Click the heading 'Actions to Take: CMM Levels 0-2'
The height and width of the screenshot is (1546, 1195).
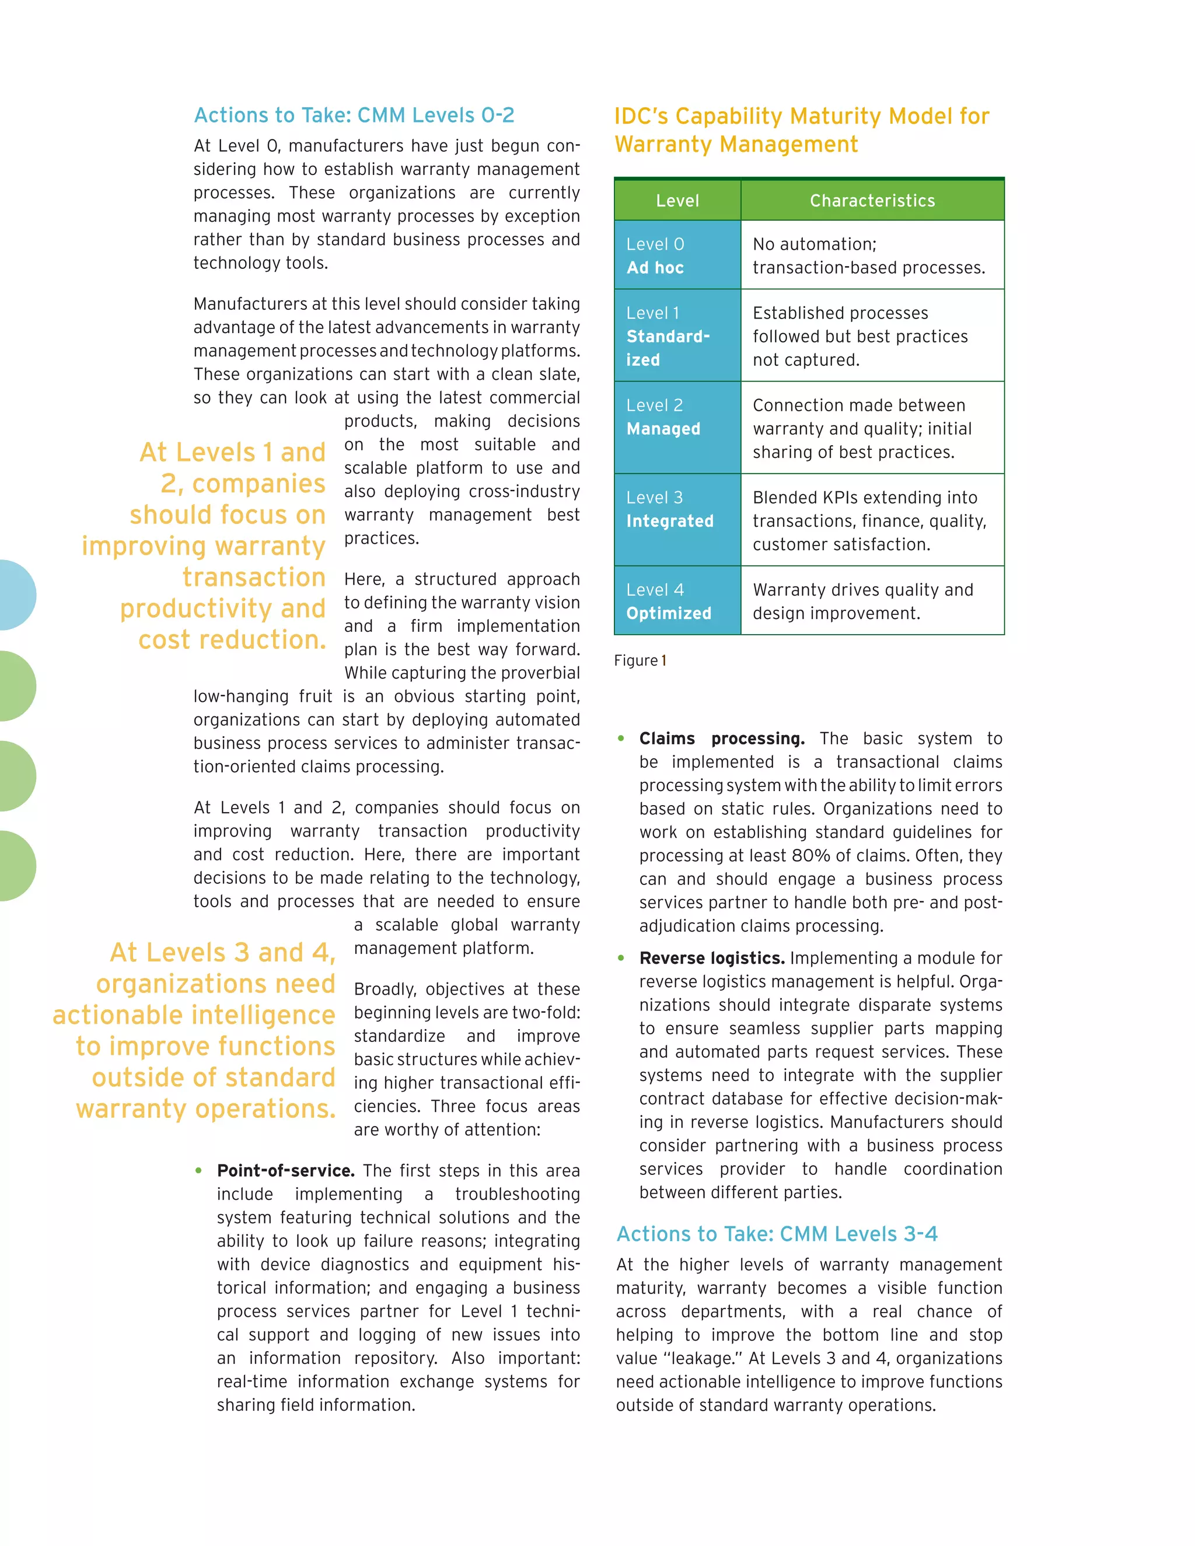354,115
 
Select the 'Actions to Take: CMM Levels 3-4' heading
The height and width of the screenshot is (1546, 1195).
777,1234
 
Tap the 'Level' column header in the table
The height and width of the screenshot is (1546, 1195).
677,200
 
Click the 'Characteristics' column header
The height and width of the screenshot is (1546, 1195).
872,200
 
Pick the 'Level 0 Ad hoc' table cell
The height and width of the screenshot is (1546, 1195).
677,256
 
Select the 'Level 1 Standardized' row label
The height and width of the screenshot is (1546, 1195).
677,336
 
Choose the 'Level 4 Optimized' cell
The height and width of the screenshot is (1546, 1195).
677,601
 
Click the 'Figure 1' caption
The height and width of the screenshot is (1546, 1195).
640,660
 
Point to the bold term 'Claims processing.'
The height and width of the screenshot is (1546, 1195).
721,739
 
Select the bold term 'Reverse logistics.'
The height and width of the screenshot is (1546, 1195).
711,958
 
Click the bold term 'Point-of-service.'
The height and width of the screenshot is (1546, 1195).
286,1170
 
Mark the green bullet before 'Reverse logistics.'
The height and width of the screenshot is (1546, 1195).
621,958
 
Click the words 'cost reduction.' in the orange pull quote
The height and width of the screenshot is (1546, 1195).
232,639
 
